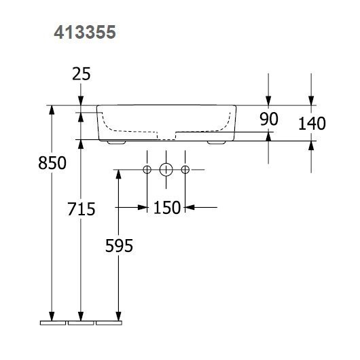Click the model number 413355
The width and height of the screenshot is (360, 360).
pos(85,32)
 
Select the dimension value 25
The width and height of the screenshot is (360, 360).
pos(82,74)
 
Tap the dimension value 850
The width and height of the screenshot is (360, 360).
pos(52,163)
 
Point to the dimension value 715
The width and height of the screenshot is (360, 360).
pos(82,209)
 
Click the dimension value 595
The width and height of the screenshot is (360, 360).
pos(119,245)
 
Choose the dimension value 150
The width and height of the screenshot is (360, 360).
pos(167,208)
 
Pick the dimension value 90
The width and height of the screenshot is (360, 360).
pos(269,119)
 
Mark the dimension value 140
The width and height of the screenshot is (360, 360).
pos(312,124)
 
